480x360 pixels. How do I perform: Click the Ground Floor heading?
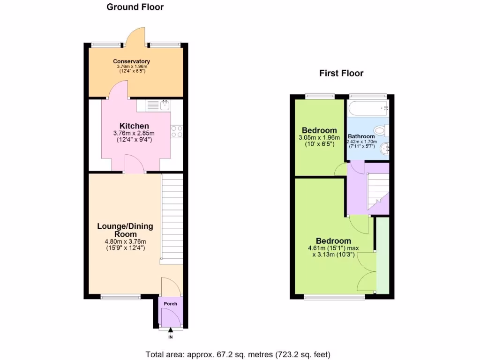click(135, 7)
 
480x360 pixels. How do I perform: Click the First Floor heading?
click(341, 73)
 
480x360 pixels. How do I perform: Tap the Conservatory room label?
click(132, 61)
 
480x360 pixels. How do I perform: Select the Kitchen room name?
click(134, 126)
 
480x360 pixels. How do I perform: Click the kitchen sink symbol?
click(164, 105)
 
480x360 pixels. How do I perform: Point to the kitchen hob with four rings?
click(177, 132)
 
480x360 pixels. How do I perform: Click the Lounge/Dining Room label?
click(125, 230)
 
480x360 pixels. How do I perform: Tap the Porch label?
click(171, 304)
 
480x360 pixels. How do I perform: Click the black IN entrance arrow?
click(170, 332)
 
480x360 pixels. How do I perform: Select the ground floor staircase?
click(172, 217)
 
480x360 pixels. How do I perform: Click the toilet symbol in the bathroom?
click(382, 129)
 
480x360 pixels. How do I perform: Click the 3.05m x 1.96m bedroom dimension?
click(319, 138)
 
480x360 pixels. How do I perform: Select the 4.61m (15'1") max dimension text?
click(333, 248)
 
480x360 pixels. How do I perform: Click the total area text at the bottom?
click(241, 354)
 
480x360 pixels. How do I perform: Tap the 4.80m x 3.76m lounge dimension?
click(125, 242)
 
